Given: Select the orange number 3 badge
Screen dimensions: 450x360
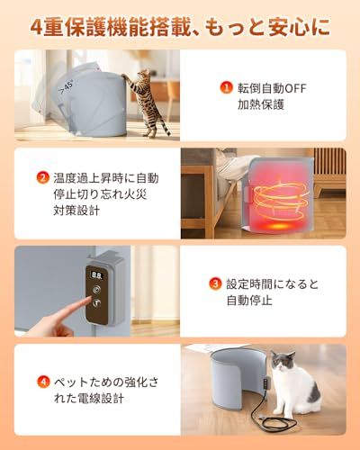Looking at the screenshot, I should pyautogui.click(x=215, y=283).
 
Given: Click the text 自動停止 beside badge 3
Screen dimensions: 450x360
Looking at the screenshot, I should pyautogui.click(x=250, y=301).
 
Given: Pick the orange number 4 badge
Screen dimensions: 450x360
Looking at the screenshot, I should pyautogui.click(x=42, y=381).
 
